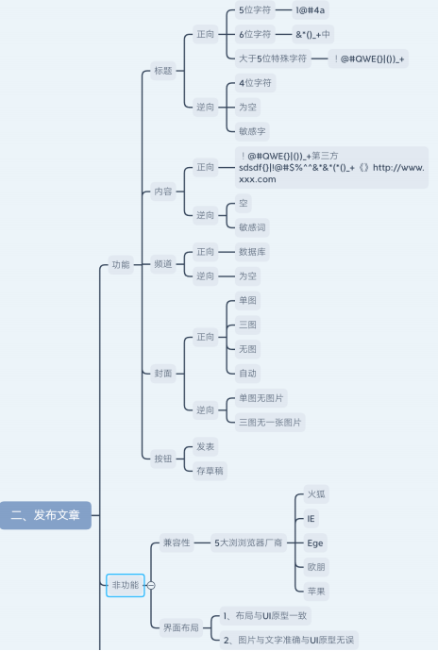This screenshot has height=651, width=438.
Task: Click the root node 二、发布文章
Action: click(x=45, y=515)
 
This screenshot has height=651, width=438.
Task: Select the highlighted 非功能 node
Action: click(x=124, y=585)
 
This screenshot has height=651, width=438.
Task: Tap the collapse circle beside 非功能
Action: click(x=151, y=586)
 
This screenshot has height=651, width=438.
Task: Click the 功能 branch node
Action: click(x=120, y=264)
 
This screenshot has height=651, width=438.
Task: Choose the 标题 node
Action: click(x=162, y=71)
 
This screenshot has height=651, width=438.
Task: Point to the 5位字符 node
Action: click(x=254, y=10)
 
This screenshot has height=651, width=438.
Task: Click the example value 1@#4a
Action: click(x=312, y=10)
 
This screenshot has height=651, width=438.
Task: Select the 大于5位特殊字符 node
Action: click(x=273, y=58)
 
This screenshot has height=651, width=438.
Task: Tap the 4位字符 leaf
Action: click(x=255, y=83)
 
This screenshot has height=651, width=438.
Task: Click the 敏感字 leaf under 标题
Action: click(x=250, y=128)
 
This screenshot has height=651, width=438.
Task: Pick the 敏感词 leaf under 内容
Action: click(x=253, y=226)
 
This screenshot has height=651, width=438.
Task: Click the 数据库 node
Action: click(x=252, y=252)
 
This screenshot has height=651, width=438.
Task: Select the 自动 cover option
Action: click(x=248, y=373)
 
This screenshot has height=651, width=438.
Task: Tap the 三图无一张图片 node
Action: click(x=270, y=422)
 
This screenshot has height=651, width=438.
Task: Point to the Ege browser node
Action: click(x=315, y=542)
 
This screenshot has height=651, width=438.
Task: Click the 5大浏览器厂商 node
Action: click(x=247, y=542)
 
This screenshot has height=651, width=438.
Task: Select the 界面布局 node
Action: click(x=180, y=627)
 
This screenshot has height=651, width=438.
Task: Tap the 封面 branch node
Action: click(x=162, y=373)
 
